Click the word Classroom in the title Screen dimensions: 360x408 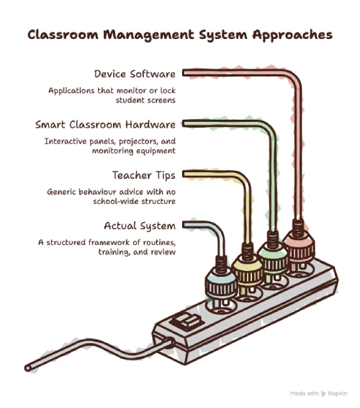pos(63,35)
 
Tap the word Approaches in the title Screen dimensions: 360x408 pos(292,35)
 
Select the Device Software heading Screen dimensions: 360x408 pos(135,74)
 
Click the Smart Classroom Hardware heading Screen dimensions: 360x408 pos(105,125)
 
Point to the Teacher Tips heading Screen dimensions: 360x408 pos(144,175)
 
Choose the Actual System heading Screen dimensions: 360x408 pos(140,226)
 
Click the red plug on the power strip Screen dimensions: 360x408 pos(298,248)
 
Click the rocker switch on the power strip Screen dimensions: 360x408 pos(187,322)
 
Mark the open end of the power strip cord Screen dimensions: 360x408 pos(28,368)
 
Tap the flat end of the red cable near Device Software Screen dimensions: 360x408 pos(184,73)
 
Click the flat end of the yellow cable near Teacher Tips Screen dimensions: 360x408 pos(184,174)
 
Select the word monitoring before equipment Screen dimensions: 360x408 pos(112,151)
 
